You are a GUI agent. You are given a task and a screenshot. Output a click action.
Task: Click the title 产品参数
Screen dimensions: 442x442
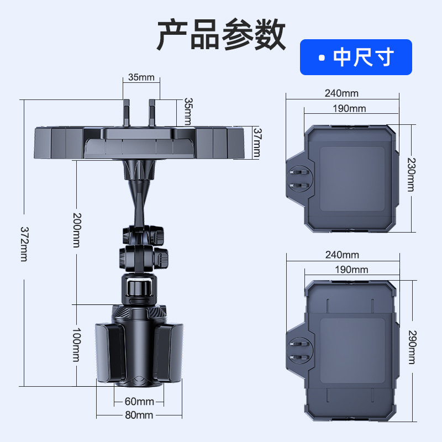(221, 34)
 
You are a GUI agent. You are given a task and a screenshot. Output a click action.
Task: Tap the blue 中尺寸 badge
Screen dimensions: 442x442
(356, 57)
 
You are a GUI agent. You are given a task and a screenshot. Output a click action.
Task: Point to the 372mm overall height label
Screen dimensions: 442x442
(24, 244)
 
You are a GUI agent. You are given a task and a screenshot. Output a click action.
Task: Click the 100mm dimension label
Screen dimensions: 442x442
(77, 345)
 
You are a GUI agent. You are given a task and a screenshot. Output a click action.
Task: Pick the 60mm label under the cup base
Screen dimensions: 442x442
(139, 401)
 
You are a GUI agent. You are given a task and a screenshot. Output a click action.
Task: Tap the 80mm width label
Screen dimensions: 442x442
(139, 415)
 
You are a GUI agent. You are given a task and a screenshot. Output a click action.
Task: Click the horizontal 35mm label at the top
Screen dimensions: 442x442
(141, 77)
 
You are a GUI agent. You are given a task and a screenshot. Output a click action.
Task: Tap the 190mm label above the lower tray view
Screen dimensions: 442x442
(350, 270)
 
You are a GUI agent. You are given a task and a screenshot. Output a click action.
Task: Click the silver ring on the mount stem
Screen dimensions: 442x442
(139, 287)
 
